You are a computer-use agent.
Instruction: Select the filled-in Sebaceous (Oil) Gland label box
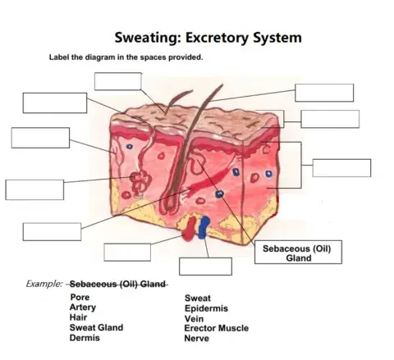click(x=298, y=253)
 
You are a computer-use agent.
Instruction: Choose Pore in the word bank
click(x=80, y=298)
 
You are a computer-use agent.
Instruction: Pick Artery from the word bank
click(x=83, y=308)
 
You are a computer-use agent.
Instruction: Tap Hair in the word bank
click(x=79, y=317)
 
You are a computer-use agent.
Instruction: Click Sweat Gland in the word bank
click(x=96, y=327)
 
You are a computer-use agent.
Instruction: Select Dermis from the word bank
click(x=85, y=337)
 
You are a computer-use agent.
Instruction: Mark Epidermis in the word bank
click(x=206, y=308)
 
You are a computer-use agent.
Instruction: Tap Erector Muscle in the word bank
click(x=216, y=328)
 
